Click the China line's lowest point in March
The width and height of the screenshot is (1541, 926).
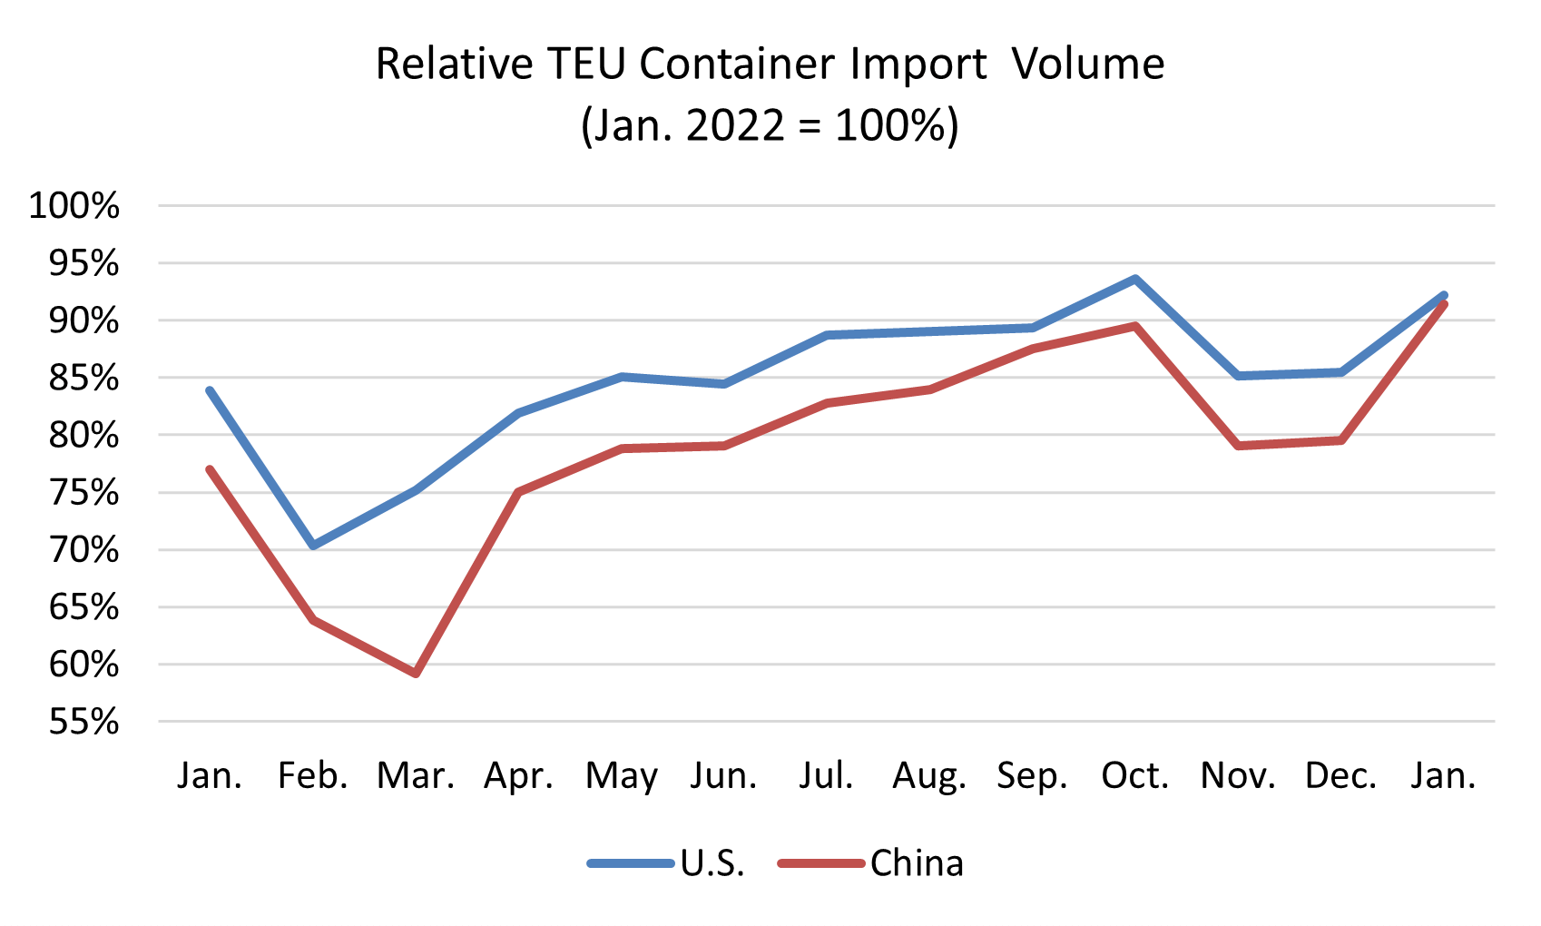click(x=416, y=674)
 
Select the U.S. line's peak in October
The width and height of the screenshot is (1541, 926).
click(x=1135, y=280)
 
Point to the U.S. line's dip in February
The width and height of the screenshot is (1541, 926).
click(x=313, y=546)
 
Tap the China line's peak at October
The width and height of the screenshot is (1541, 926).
click(x=1135, y=326)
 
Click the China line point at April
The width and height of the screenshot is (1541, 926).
click(x=518, y=492)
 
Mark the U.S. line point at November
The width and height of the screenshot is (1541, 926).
click(x=1239, y=376)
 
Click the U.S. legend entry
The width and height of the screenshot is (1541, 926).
click(x=712, y=863)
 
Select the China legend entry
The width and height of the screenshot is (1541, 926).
click(x=917, y=863)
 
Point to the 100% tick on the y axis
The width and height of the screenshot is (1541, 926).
click(x=74, y=206)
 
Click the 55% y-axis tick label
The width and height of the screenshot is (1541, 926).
click(x=83, y=723)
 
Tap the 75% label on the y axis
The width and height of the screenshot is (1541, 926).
click(x=83, y=493)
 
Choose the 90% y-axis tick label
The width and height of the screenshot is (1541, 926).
click(x=83, y=320)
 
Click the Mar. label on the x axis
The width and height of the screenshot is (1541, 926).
click(x=416, y=776)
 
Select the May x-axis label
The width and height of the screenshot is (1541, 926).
click(x=621, y=776)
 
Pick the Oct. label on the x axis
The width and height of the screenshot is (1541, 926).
click(x=1135, y=776)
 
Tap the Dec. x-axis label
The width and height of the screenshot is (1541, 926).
click(x=1340, y=776)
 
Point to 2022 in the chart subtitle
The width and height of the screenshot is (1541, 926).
click(x=734, y=125)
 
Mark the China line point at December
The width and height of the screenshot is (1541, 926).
click(x=1340, y=440)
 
